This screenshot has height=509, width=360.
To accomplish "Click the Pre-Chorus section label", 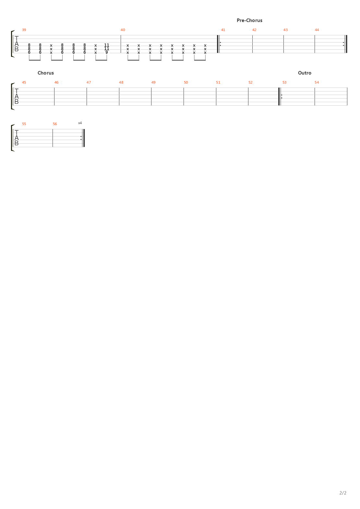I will [x=249, y=20].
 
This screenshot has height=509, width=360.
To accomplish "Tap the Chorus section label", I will [x=46, y=73].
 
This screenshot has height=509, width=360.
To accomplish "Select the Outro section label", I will [x=305, y=73].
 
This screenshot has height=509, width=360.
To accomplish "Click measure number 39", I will [x=24, y=30].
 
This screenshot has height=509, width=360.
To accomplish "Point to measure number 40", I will [x=123, y=30].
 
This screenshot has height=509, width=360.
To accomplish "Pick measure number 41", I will [x=223, y=30].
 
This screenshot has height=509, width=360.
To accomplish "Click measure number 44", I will [x=317, y=30].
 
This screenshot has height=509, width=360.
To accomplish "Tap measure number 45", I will [x=24, y=82].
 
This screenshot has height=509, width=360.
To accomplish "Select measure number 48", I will [x=121, y=82].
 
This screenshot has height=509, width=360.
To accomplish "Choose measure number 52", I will [x=250, y=82].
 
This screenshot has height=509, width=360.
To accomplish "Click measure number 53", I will [x=284, y=82].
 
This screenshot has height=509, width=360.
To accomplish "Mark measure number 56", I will [x=55, y=124].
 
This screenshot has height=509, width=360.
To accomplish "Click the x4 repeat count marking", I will [x=80, y=123].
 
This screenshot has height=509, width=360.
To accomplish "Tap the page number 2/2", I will [x=343, y=493].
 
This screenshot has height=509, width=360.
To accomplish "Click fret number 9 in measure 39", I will [x=106, y=52].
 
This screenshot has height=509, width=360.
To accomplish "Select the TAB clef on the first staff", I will [x=17, y=44].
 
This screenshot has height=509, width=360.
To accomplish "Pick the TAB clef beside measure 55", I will [x=17, y=138].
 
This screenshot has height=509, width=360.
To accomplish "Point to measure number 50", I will [x=186, y=82].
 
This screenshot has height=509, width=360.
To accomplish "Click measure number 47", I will [x=89, y=82].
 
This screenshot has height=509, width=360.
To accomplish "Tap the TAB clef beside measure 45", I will [x=17, y=97].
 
